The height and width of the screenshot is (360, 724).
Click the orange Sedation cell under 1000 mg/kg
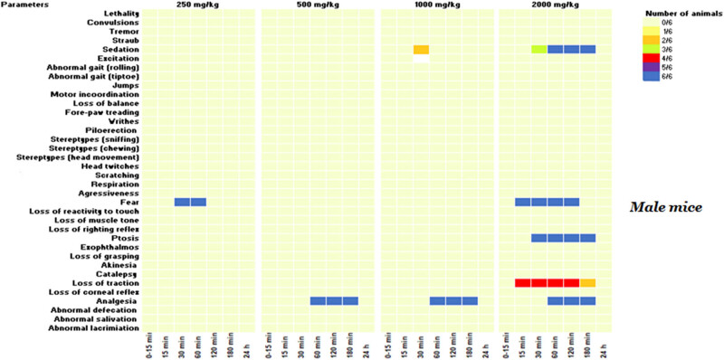[x=421, y=49]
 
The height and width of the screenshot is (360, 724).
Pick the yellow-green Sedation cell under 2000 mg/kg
[x=539, y=49]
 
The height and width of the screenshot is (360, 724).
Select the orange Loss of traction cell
[x=588, y=283]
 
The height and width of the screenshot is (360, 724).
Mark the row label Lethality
[x=118, y=13]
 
